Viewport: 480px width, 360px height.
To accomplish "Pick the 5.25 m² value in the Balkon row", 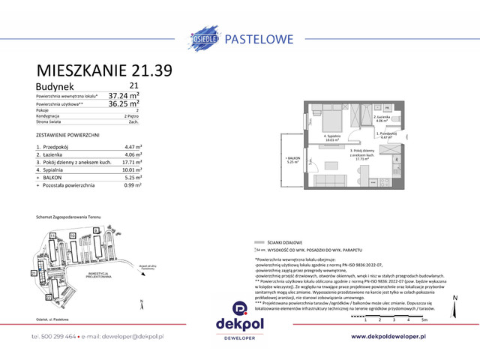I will [133, 177].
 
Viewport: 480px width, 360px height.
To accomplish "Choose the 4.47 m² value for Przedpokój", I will [133, 148].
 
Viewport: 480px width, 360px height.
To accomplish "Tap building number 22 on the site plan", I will [49, 298].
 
